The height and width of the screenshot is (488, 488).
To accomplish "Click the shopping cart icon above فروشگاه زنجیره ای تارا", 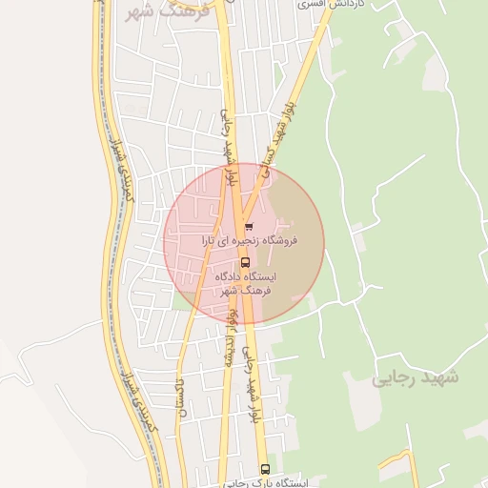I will click(x=249, y=227).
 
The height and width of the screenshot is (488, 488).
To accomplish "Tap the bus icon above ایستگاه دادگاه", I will click(x=245, y=261).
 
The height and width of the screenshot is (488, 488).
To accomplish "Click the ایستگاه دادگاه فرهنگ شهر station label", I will click(x=245, y=282).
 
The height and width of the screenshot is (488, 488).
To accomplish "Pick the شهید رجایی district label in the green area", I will click(x=415, y=377).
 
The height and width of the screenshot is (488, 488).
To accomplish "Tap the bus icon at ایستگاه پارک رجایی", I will click(x=265, y=468).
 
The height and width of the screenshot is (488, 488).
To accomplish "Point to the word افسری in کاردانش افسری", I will click(x=315, y=4).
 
